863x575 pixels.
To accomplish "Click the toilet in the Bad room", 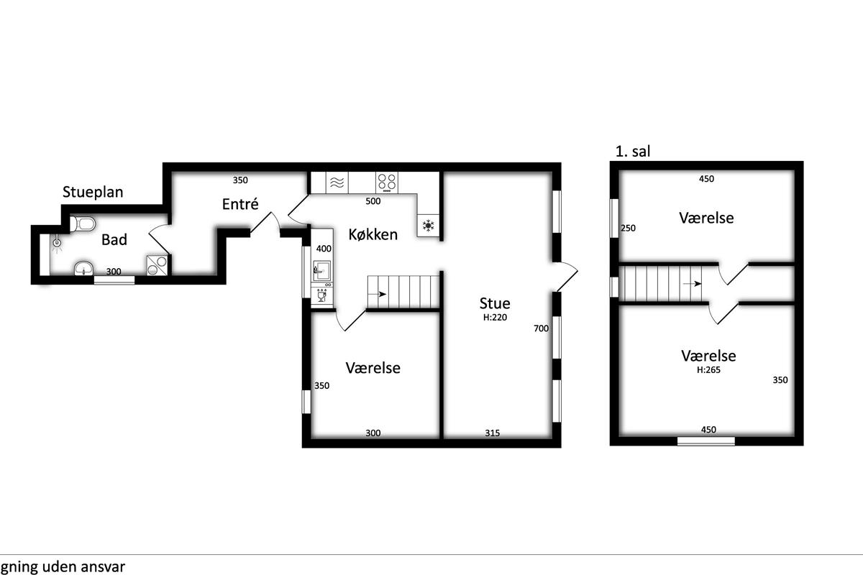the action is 83,224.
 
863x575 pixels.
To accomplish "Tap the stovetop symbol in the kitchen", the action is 387,183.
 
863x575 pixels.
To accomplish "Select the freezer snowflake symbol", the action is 428,225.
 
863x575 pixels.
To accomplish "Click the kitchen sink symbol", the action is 321,270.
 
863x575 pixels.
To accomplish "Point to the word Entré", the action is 240,203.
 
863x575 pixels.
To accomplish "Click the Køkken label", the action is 373,234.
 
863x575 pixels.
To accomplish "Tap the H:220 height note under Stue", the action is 495,318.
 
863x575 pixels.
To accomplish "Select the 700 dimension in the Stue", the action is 541,328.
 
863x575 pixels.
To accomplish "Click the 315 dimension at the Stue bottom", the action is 493,433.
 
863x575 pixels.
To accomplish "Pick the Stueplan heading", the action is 93,192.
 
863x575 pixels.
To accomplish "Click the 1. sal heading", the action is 633,152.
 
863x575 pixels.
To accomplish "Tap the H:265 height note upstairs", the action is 708,369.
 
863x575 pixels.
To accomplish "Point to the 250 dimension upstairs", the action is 628,229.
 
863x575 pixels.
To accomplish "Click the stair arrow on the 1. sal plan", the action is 692,284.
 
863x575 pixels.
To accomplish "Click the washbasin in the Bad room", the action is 83,268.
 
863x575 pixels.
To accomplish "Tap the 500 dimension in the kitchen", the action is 373,201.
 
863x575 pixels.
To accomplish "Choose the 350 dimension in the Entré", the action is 240,180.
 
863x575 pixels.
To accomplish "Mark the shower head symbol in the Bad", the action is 57,243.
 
